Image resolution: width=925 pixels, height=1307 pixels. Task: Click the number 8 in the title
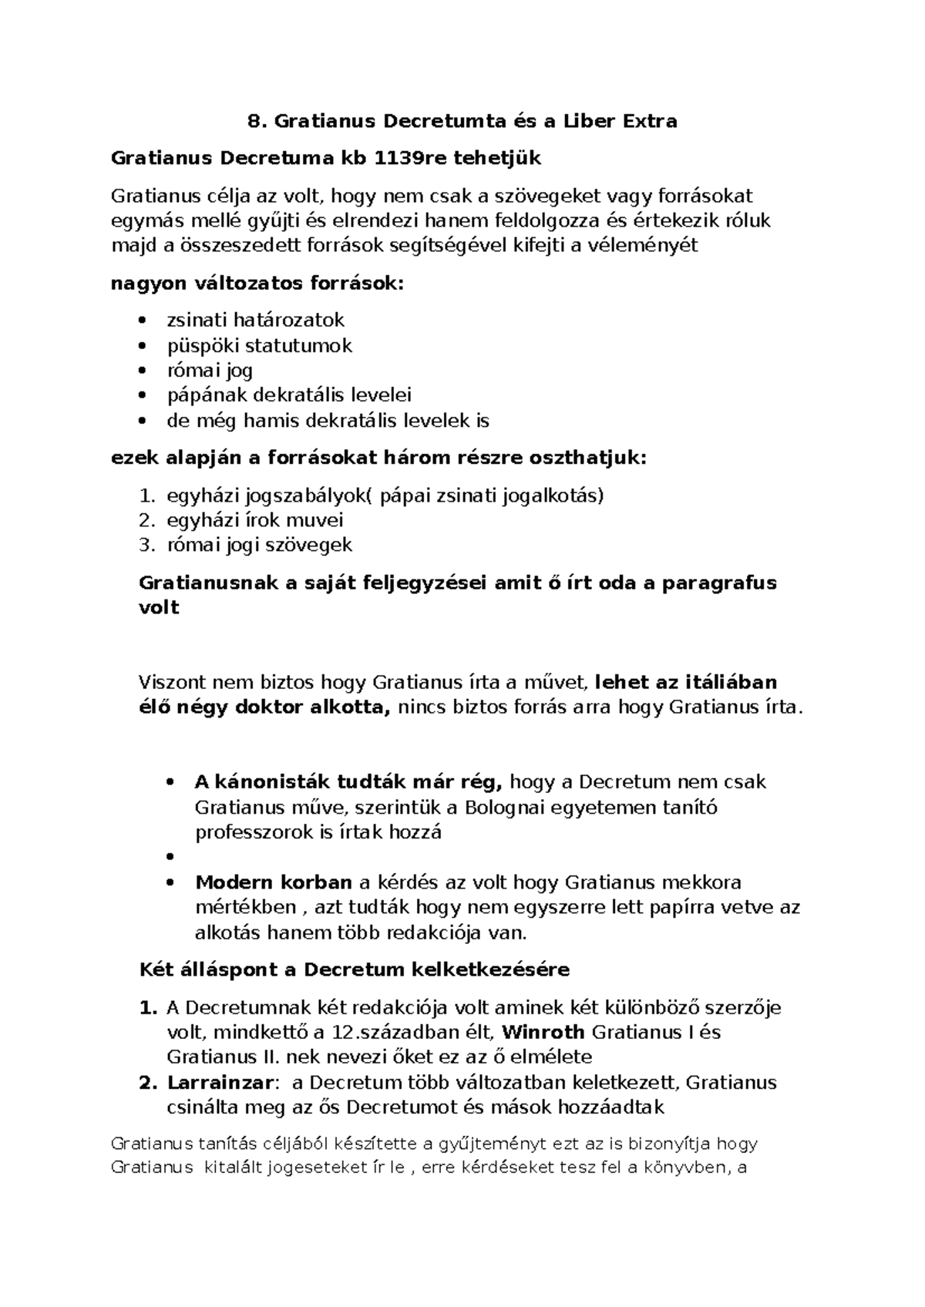point(253,121)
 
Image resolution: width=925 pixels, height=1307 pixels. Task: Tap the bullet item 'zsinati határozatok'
point(255,320)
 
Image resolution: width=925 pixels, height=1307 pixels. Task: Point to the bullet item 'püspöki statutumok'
point(259,345)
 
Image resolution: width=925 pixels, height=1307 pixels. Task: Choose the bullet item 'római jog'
point(210,371)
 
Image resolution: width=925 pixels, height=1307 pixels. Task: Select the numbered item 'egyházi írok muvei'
point(254,520)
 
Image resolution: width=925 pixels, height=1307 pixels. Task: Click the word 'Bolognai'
point(509,808)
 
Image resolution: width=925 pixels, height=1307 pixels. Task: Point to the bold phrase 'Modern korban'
point(273,882)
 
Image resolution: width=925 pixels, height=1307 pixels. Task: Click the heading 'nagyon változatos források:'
point(257,283)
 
